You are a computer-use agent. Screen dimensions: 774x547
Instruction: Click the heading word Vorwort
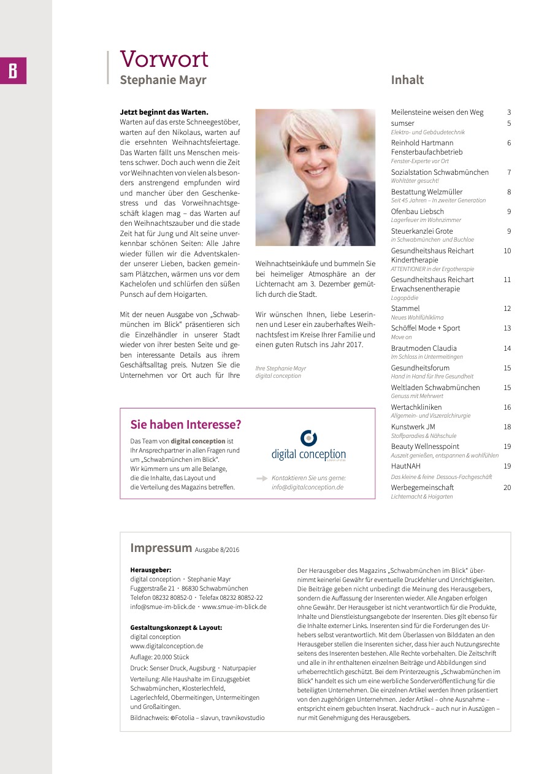[164, 59]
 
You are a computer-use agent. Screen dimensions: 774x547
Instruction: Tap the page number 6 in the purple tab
[13, 71]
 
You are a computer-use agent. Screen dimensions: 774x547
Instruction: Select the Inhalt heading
[407, 80]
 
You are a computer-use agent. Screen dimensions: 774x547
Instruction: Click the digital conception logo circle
[308, 438]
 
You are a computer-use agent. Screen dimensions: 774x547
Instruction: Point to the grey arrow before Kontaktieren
[262, 477]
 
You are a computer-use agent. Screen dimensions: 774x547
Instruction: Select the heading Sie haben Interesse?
[185, 424]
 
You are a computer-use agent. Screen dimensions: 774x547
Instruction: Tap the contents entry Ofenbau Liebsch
[417, 212]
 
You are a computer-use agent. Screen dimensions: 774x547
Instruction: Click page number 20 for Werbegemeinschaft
[507, 488]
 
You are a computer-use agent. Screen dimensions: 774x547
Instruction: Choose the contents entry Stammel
[405, 308]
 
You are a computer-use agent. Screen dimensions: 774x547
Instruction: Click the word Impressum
[161, 548]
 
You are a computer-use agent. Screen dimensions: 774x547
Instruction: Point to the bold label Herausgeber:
[150, 570]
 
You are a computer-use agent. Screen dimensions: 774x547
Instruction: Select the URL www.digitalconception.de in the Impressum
[166, 646]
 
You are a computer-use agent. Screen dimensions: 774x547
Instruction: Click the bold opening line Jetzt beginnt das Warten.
[164, 112]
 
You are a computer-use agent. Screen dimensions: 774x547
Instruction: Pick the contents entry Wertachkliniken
[416, 407]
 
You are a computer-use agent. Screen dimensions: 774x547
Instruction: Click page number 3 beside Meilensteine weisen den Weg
[508, 112]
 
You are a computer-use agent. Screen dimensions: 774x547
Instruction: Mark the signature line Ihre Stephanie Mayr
[280, 368]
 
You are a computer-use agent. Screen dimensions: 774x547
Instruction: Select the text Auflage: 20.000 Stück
[159, 657]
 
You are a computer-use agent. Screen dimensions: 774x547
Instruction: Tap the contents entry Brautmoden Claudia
[423, 348]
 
